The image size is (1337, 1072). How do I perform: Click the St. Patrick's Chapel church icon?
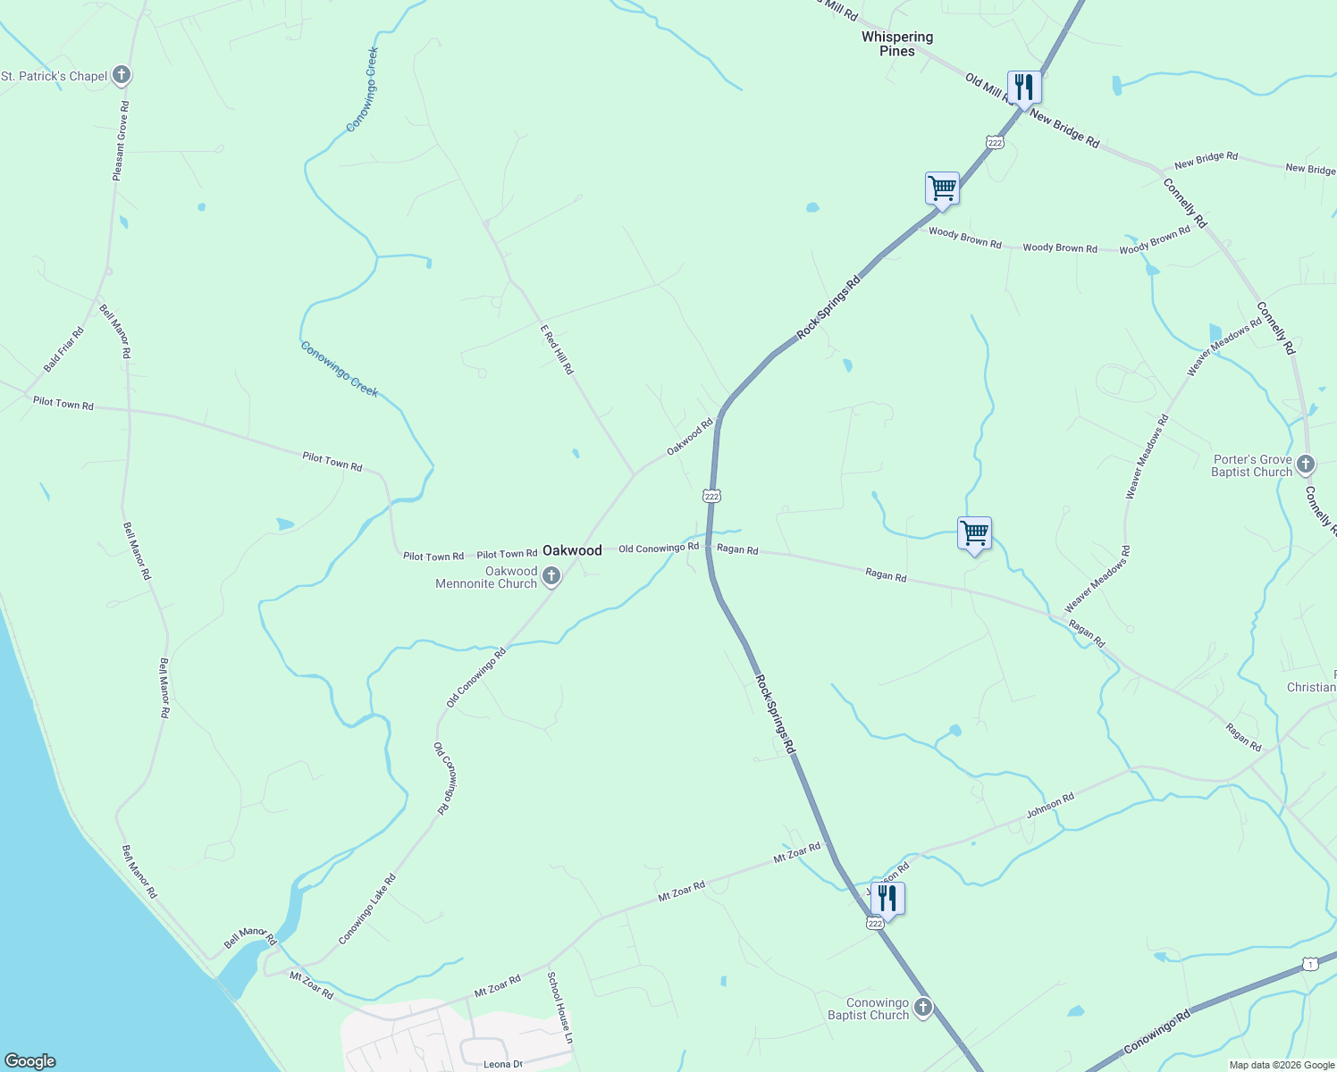122,76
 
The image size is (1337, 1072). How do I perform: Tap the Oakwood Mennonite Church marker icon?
551,576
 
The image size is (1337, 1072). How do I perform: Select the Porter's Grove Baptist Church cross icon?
1306,465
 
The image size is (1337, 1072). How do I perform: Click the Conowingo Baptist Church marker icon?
923,1008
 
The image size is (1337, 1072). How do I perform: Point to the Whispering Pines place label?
897,44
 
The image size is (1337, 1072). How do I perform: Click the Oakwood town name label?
572,550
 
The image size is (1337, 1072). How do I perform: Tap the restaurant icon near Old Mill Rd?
1024,88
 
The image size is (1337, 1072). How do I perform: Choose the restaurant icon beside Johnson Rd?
887,898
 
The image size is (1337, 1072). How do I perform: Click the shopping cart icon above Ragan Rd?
974,534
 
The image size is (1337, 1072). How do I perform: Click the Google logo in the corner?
30,1061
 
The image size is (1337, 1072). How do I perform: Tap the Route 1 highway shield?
1310,964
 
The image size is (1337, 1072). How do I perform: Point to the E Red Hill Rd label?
556,349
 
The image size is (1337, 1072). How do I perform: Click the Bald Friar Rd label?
63,350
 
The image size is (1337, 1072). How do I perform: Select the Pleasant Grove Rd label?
121,141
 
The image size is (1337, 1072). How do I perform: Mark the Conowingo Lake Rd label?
367,909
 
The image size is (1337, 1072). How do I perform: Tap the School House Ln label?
559,1008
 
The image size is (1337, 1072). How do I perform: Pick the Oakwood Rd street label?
690,437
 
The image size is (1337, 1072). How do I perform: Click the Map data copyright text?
1282,1065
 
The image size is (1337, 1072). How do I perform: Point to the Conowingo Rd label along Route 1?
1157,1031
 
